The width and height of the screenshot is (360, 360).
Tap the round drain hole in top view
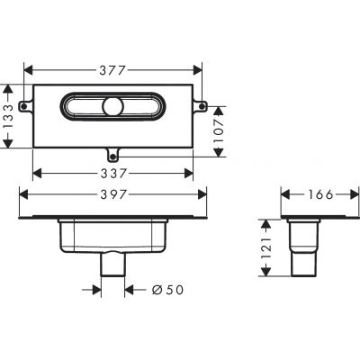112,108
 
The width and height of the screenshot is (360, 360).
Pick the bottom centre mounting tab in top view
114,152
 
